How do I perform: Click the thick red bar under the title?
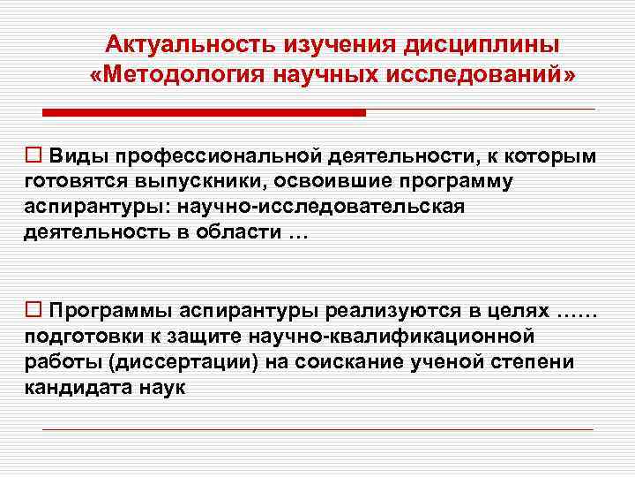(x=204, y=113)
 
